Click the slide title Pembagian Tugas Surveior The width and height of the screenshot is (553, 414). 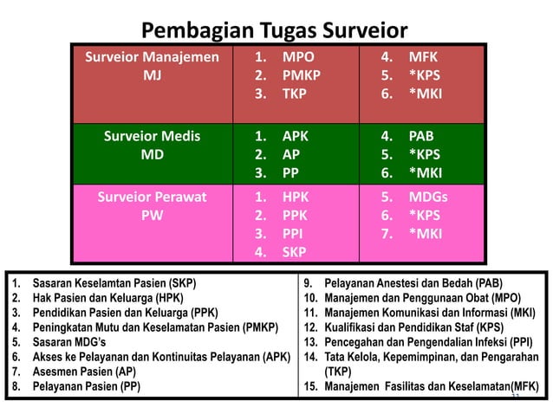[x=274, y=31]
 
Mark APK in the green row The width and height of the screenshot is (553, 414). [x=296, y=136]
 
